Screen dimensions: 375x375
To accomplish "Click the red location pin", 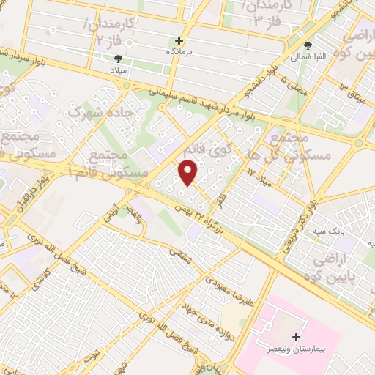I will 189,173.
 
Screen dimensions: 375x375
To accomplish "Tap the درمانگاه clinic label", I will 179,53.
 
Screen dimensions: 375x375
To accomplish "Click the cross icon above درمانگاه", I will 179,40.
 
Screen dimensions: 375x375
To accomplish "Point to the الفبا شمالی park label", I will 304,56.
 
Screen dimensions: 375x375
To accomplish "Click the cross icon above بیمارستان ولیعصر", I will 296,338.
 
